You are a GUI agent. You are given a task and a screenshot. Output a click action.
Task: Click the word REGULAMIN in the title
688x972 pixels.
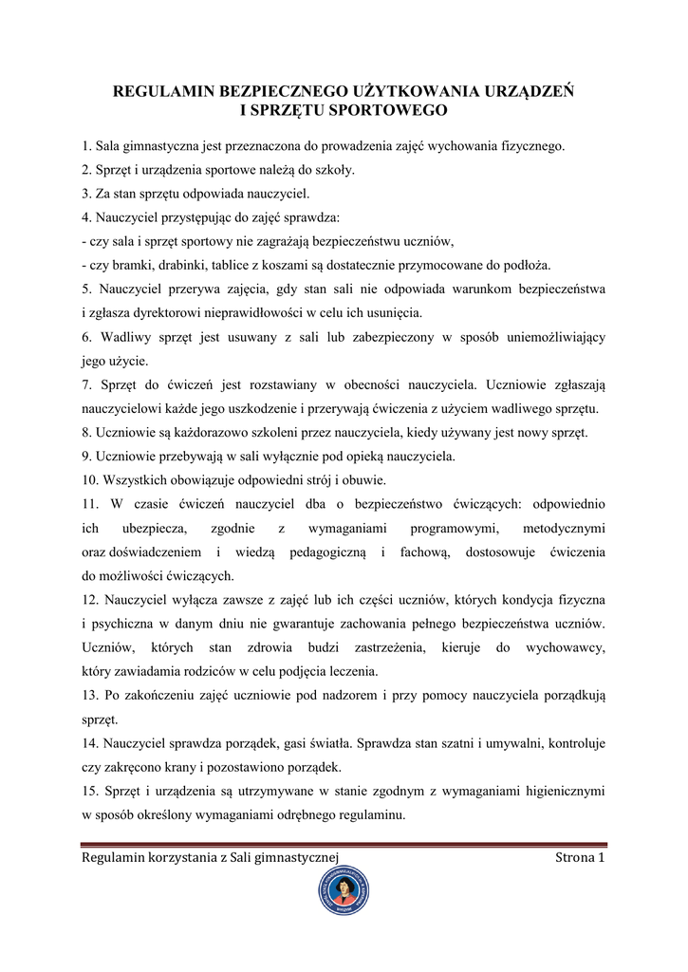tap(163, 93)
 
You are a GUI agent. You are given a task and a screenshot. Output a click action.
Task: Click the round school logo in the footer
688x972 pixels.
tap(344, 892)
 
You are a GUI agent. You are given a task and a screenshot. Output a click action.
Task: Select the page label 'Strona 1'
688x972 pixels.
tap(580, 858)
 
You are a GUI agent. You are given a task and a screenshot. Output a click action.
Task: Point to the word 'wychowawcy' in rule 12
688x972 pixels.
tap(566, 647)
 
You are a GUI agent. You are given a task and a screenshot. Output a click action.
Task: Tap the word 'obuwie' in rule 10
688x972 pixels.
tap(362, 478)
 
